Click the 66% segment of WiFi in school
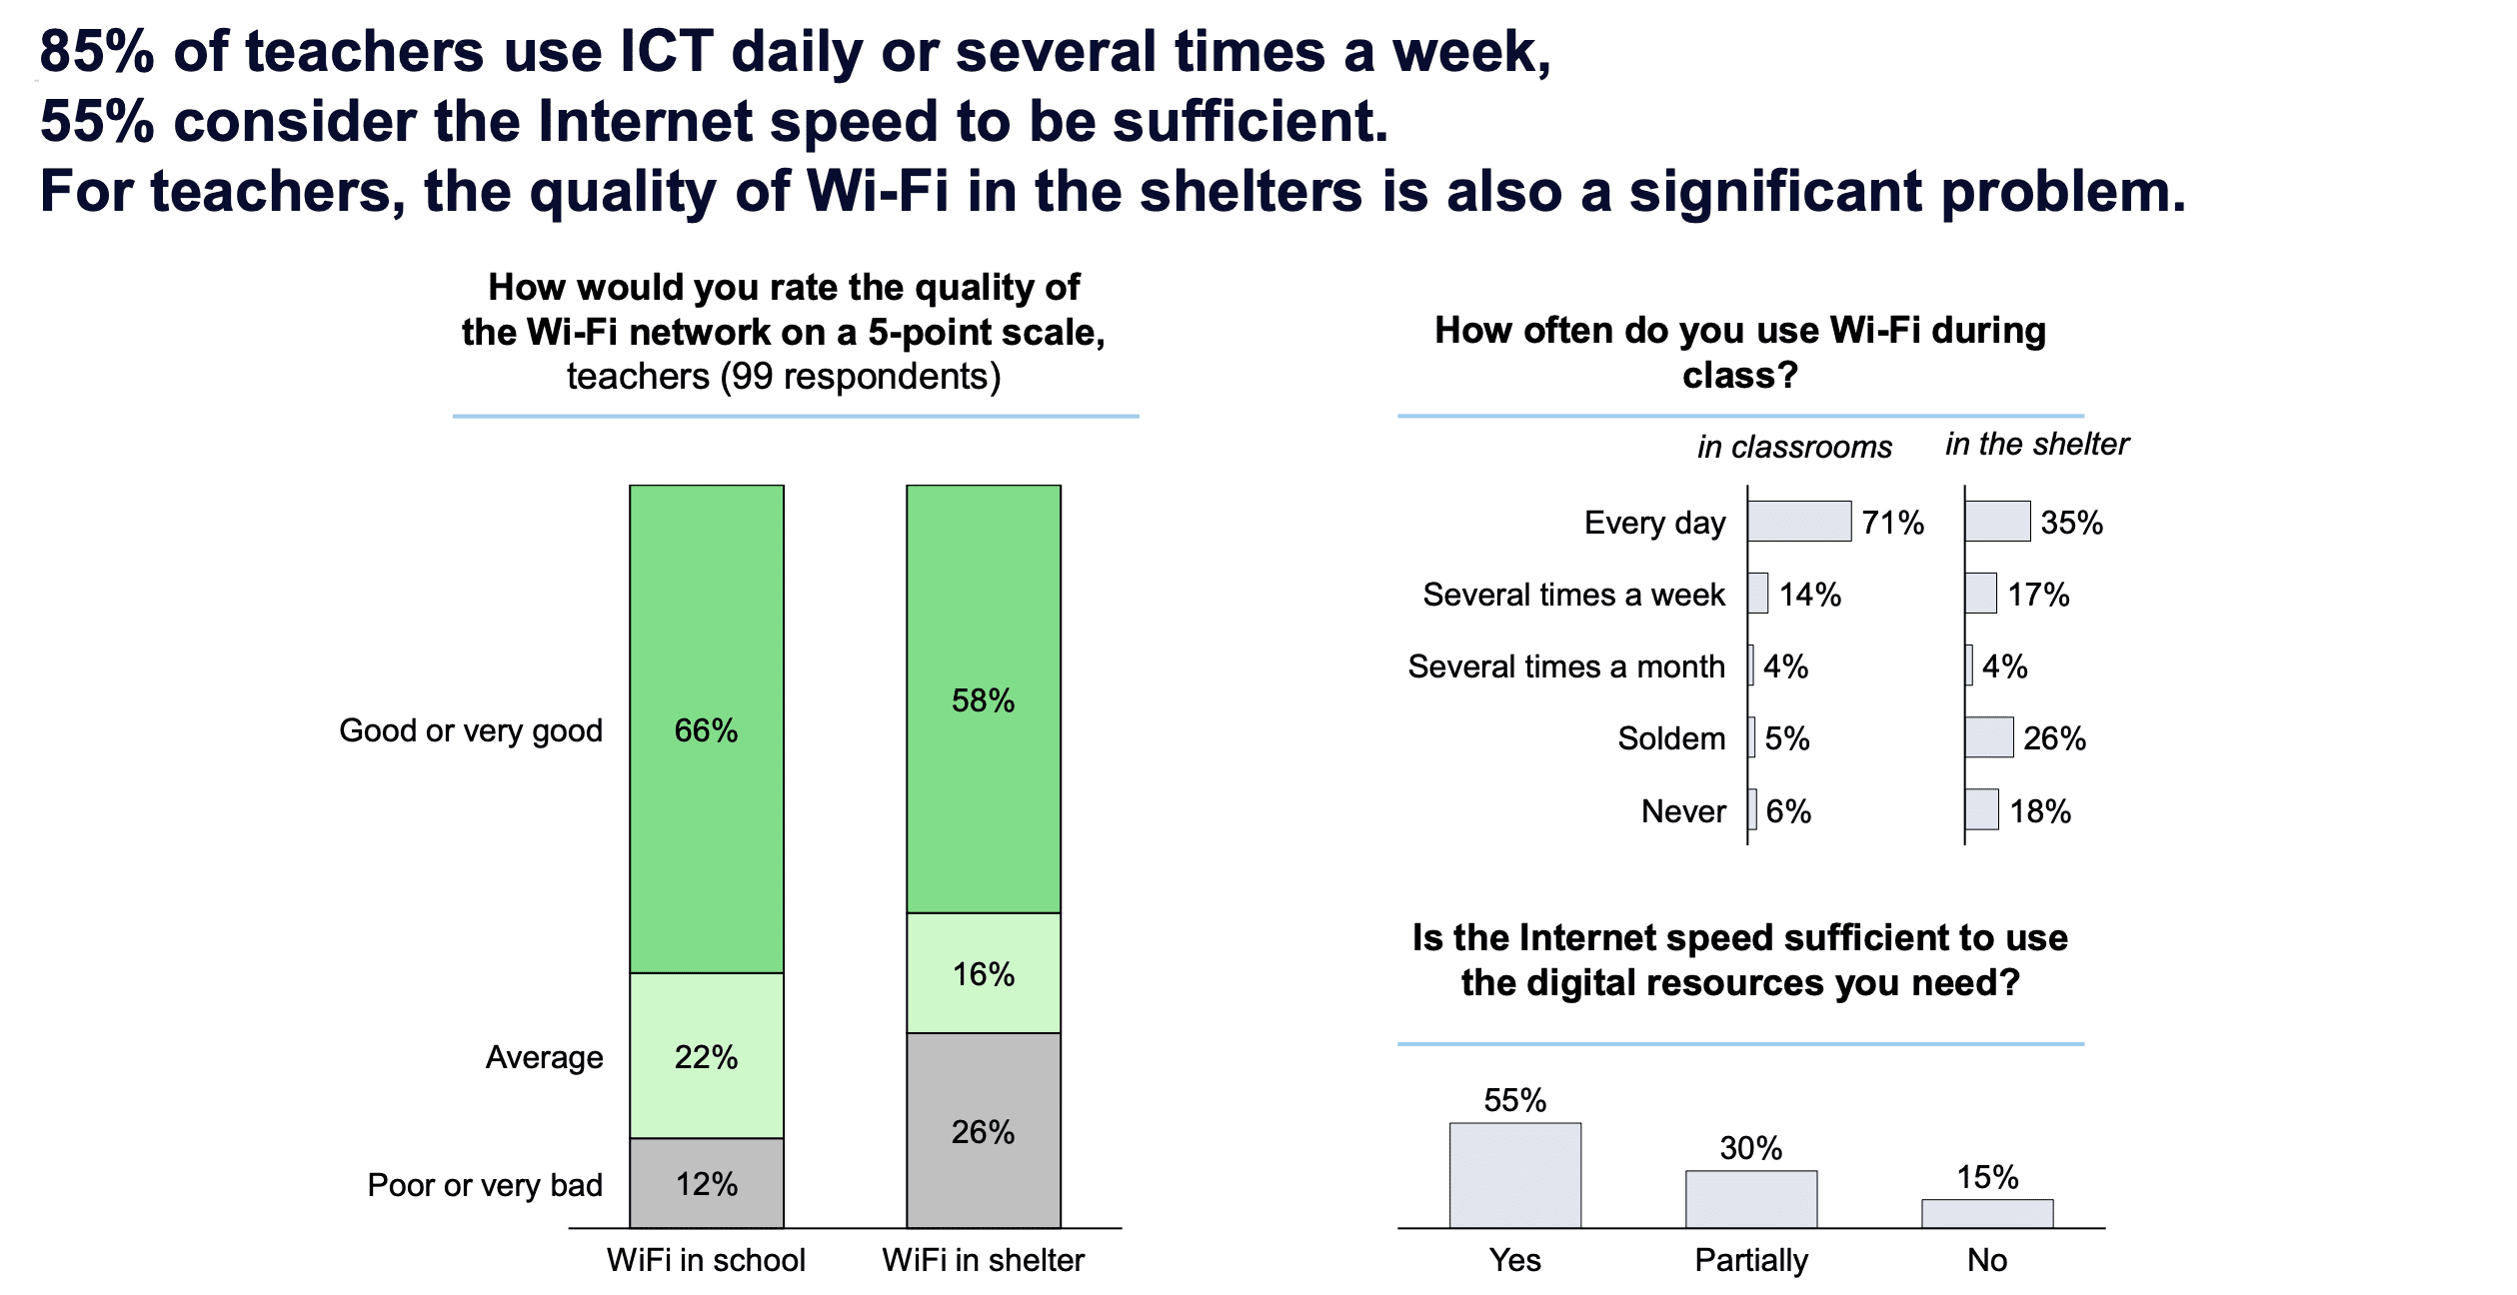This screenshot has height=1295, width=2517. [707, 728]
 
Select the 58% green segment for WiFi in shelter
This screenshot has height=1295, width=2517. [984, 698]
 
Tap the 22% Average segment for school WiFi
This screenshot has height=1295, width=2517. [707, 1055]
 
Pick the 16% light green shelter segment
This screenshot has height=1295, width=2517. [984, 973]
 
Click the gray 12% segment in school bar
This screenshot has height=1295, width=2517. [707, 1183]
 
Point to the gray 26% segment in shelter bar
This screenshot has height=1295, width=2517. [984, 1130]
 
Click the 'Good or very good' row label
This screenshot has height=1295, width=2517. [471, 730]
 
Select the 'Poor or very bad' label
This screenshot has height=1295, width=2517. [485, 1185]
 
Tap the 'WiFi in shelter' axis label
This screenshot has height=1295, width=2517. [984, 1260]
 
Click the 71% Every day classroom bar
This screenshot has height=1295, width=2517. [1799, 522]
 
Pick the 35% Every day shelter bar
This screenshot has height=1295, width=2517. [1997, 522]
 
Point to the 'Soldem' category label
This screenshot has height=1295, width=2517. [1671, 738]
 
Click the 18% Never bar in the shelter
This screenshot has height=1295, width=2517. [1981, 809]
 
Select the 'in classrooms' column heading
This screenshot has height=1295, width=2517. [1794, 447]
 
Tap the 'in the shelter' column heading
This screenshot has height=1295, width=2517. [2037, 444]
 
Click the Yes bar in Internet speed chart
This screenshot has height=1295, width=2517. [1515, 1175]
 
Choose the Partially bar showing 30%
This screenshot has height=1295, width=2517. [1751, 1199]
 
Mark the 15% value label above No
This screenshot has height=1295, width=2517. [1987, 1177]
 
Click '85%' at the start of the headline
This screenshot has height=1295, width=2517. [97, 51]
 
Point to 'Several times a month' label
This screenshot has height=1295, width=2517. [1566, 666]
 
